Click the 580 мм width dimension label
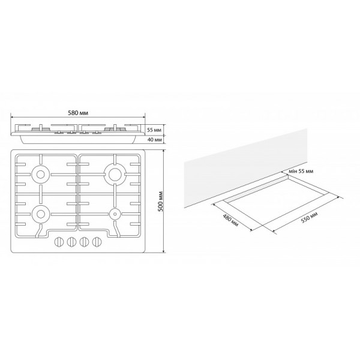[78, 113]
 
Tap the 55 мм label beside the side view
[154, 130]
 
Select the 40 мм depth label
[154, 140]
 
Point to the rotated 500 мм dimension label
[160, 202]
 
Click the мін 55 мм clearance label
[301, 171]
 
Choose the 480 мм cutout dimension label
[230, 220]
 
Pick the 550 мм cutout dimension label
[310, 217]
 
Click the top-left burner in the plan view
[41, 175]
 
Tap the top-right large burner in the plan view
[114, 175]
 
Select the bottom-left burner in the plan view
[41, 214]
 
